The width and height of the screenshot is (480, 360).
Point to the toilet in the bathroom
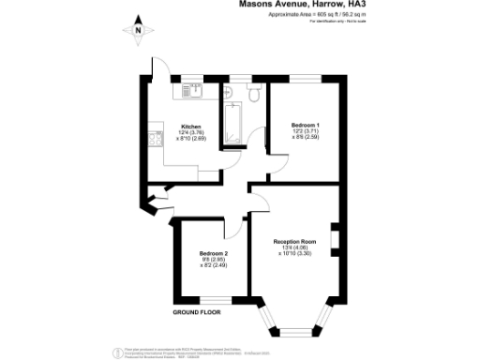tap(254, 94)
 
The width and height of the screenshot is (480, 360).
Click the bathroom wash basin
tap(228, 92)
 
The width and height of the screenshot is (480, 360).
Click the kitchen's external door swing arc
tap(159, 68)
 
